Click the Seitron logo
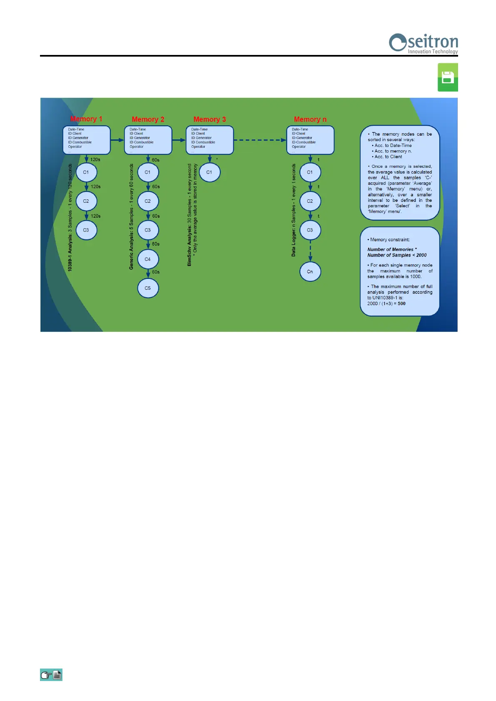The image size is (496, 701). (x=423, y=43)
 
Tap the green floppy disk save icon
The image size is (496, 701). (x=448, y=77)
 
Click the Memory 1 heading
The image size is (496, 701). (x=86, y=119)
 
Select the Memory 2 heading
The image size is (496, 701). (x=148, y=119)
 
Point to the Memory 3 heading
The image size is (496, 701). (x=209, y=119)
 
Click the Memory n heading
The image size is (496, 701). (x=310, y=119)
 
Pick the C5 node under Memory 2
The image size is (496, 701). (x=148, y=288)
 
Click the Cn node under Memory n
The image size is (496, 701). (x=310, y=271)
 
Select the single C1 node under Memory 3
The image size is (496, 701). (x=209, y=172)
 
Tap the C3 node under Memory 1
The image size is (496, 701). (x=86, y=230)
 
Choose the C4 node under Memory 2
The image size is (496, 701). (x=148, y=259)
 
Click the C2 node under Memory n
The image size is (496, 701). (x=310, y=201)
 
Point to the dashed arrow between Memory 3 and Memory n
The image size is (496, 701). (x=260, y=140)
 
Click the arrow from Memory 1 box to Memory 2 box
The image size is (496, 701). (x=117, y=140)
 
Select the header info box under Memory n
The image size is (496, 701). (x=310, y=140)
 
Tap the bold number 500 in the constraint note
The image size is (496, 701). (x=401, y=303)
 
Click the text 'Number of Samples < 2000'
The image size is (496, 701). (x=397, y=255)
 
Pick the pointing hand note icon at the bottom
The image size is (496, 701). (x=51, y=675)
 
